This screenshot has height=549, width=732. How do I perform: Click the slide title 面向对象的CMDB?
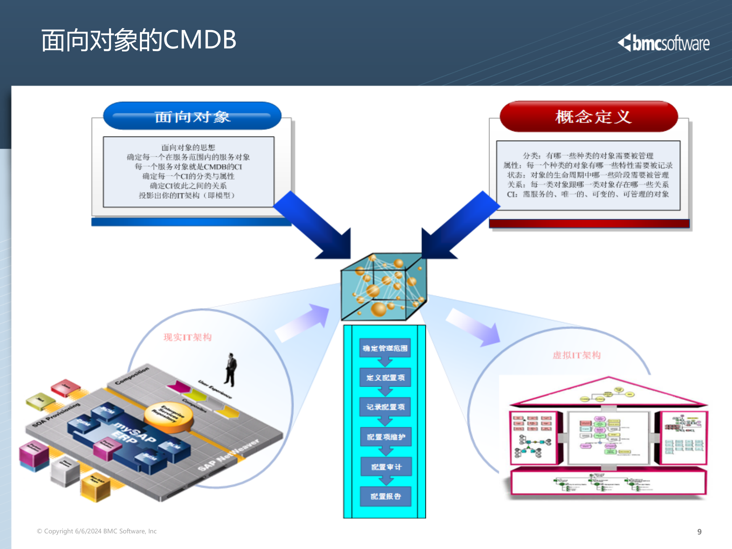[x=139, y=40]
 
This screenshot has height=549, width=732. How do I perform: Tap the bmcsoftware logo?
[x=664, y=43]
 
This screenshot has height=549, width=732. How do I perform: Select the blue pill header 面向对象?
[x=192, y=116]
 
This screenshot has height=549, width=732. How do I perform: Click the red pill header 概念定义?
[x=589, y=117]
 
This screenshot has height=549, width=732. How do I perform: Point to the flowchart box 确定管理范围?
[x=385, y=348]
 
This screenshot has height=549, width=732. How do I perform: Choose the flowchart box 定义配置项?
[x=385, y=377]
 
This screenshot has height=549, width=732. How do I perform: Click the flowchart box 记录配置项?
[x=385, y=407]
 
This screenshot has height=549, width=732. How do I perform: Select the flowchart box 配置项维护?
[x=386, y=437]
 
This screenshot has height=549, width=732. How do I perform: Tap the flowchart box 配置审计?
[x=386, y=467]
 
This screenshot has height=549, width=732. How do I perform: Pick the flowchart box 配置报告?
[x=386, y=496]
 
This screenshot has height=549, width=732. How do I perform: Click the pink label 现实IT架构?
[x=187, y=337]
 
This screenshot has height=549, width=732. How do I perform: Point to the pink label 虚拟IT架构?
[x=576, y=355]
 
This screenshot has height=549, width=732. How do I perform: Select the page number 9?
[x=699, y=531]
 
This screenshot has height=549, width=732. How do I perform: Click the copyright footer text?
[x=97, y=531]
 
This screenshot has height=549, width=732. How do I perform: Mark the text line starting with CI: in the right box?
[x=588, y=194]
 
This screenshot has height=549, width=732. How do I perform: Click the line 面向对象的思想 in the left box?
[x=188, y=148]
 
